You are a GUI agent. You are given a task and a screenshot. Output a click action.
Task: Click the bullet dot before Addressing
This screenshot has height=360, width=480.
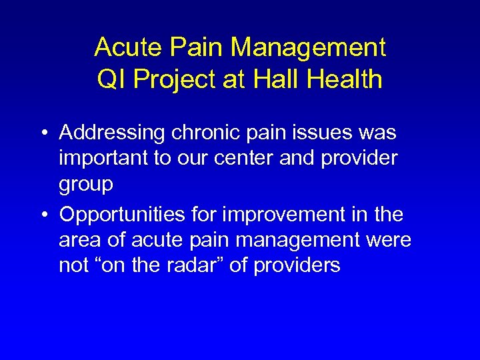coord(42,134)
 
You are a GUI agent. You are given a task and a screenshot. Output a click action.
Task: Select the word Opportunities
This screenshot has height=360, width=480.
coord(121,216)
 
